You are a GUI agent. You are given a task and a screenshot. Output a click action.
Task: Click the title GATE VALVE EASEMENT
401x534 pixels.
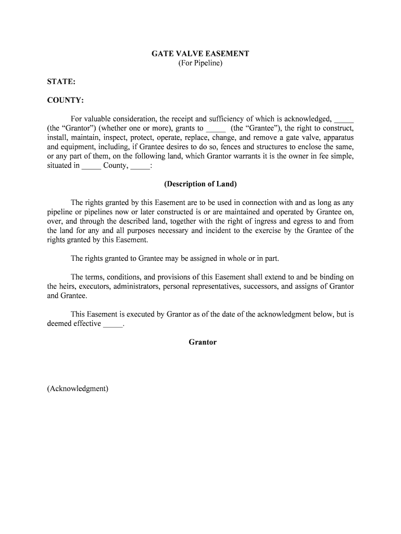point(200,54)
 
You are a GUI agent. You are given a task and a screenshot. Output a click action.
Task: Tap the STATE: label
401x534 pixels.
point(61,82)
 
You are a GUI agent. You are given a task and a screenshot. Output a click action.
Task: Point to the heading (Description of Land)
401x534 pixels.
point(200,184)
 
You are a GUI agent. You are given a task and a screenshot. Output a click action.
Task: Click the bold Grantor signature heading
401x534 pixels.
point(203,342)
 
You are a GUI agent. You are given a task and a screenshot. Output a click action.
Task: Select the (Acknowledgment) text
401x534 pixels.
point(78,389)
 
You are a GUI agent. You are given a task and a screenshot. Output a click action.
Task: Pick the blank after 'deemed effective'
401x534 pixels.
point(113,324)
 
